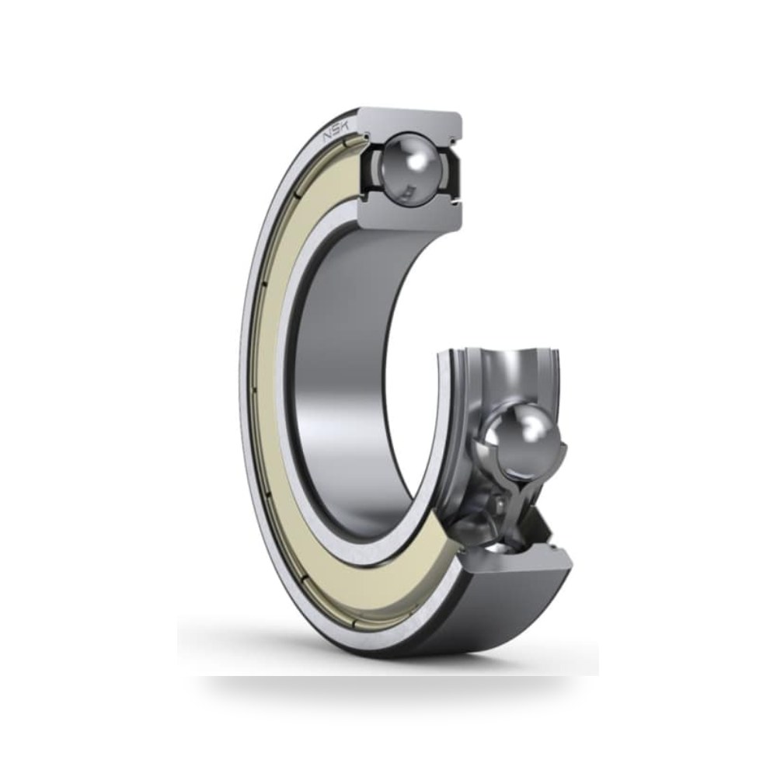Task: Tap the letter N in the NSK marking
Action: (328, 137)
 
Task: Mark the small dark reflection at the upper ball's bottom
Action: (409, 189)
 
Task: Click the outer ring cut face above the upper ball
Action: (410, 122)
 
